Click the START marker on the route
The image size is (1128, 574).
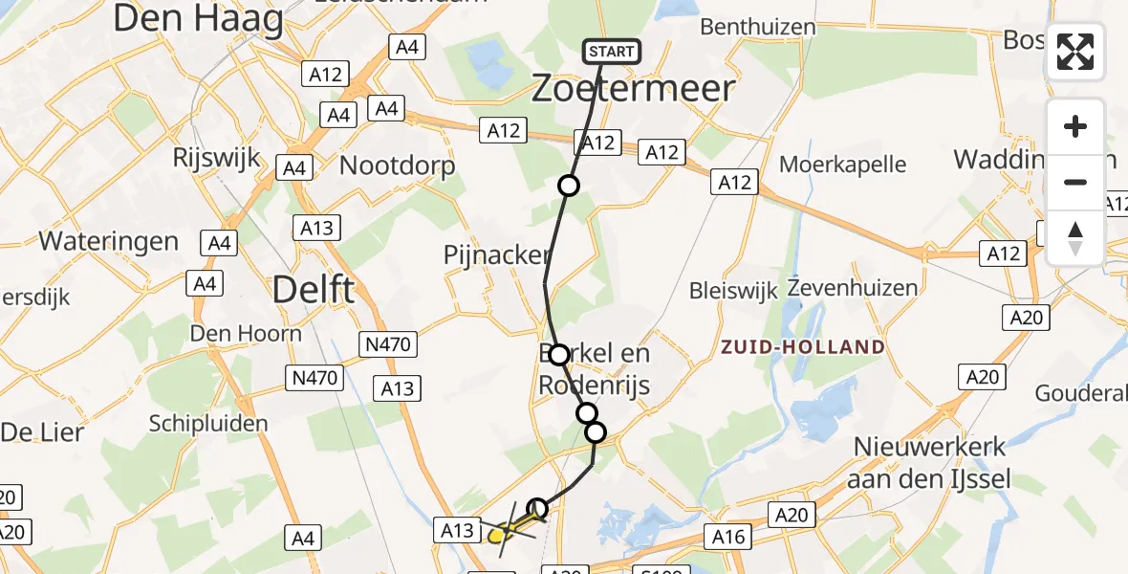coord(611,52)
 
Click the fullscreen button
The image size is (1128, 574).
coord(1075,52)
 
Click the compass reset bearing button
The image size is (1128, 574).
coord(1075,238)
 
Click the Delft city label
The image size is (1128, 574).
coord(314,288)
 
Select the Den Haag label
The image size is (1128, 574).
coord(199,19)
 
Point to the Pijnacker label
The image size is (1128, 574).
coord(496,255)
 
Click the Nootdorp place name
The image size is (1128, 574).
coord(398,165)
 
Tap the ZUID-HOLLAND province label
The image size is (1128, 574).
coord(804,347)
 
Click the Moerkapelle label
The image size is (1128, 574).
coord(842,165)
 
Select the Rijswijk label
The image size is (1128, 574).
coord(217,158)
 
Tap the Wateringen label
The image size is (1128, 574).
coord(108,240)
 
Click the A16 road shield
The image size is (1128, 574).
coord(728,538)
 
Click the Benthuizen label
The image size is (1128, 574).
coord(758,27)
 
